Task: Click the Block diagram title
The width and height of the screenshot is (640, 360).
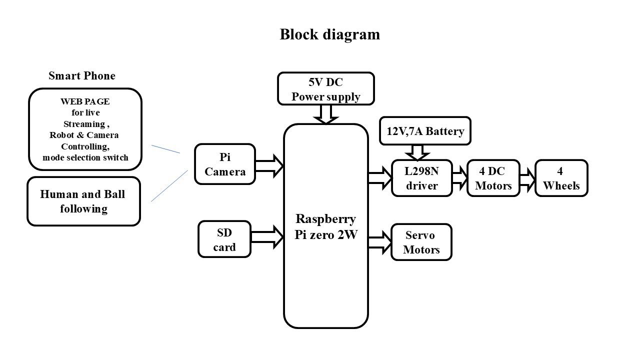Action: click(x=329, y=34)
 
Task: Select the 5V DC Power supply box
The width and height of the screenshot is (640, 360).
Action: click(x=325, y=89)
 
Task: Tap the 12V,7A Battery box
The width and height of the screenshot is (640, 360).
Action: click(x=425, y=131)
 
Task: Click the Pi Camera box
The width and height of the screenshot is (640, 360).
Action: click(x=225, y=164)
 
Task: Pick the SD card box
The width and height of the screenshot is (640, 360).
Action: click(x=224, y=239)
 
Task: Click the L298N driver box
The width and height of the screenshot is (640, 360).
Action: click(x=421, y=178)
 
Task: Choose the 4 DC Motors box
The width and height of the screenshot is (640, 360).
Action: click(x=493, y=178)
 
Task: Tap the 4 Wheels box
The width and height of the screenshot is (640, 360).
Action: click(x=561, y=178)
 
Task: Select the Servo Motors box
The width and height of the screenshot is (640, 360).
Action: click(x=421, y=242)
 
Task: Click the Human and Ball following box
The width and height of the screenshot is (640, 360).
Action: click(x=83, y=201)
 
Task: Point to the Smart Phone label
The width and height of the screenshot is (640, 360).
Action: click(x=82, y=76)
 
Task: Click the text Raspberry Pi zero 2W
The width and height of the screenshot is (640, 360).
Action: click(x=326, y=226)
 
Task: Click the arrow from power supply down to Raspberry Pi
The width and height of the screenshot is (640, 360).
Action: click(x=326, y=114)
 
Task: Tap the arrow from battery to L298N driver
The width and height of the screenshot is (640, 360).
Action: click(x=417, y=152)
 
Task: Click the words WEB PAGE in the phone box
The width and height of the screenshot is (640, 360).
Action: click(x=85, y=101)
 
